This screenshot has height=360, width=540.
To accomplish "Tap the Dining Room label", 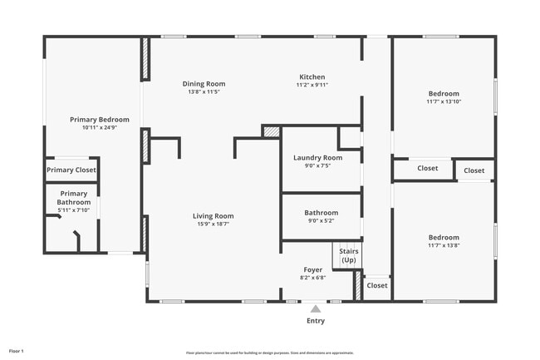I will click(x=204, y=83).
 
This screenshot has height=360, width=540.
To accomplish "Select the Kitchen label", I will click(x=312, y=76).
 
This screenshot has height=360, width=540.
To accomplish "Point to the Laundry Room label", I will click(x=317, y=157).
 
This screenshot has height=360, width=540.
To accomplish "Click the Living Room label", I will click(x=214, y=215).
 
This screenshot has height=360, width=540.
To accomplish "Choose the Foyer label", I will click(x=312, y=269).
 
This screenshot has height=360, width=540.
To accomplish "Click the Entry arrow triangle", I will click(x=316, y=308).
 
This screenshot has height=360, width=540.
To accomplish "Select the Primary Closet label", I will click(x=71, y=170).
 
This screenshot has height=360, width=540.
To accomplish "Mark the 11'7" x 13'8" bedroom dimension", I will click(x=444, y=244).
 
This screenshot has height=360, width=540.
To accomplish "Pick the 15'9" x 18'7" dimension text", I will click(x=214, y=224).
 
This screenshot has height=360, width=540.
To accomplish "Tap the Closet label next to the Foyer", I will click(x=377, y=285).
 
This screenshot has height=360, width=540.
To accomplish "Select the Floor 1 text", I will click(x=17, y=351).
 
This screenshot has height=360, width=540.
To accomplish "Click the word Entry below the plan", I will click(x=316, y=321).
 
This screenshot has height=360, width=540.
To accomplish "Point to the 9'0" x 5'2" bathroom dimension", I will click(x=321, y=220).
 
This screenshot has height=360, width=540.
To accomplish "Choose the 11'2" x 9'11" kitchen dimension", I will click(x=312, y=85).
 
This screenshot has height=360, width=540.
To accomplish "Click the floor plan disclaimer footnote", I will click(x=270, y=353).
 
